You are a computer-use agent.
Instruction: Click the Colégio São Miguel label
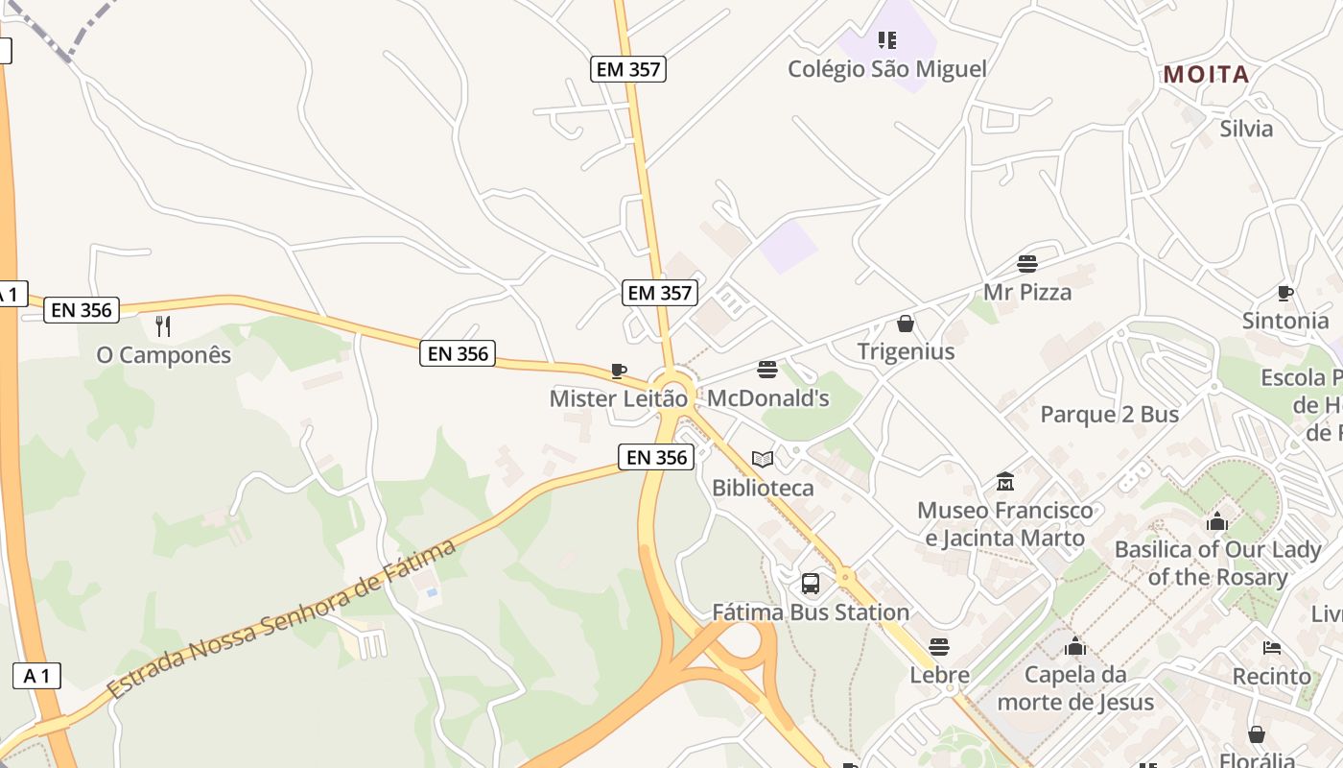[886, 69]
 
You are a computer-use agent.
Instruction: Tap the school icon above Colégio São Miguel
[887, 40]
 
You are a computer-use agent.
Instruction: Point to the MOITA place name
[1206, 75]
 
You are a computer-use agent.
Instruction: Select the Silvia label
[1246, 129]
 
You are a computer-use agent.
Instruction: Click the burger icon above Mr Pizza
[1027, 264]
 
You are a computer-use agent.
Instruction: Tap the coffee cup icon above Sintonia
[1285, 293]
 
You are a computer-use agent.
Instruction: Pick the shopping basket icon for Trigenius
[905, 324]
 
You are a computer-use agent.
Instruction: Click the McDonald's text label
[767, 398]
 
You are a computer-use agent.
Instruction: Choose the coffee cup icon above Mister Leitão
[619, 371]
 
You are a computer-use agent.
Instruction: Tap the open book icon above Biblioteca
[763, 460]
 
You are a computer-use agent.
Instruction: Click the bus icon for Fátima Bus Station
[811, 584]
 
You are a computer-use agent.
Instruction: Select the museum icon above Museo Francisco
[1005, 481]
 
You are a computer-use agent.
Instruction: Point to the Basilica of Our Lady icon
[1217, 521]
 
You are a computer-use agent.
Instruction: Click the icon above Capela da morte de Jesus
[1075, 646]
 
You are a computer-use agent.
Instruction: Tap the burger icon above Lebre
[939, 647]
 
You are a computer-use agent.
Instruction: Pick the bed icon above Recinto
[1272, 648]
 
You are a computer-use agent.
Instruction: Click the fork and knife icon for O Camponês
[163, 326]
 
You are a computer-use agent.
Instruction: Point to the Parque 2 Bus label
[1110, 415]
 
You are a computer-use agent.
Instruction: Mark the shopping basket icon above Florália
[1257, 735]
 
